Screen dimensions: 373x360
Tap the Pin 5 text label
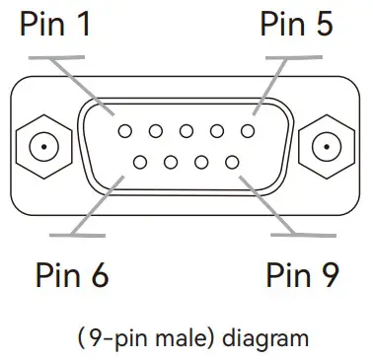coord(296,24)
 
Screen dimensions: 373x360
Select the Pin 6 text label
coord(71,274)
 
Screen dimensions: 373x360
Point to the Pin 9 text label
coord(303,274)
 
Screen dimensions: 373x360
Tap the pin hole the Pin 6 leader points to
coord(139,161)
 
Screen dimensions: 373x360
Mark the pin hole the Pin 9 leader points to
coord(234,161)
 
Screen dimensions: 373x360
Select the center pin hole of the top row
coord(186,130)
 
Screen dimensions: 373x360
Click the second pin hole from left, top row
coord(155,130)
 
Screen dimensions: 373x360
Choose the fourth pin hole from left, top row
coord(218,130)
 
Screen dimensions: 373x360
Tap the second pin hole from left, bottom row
coord(171,161)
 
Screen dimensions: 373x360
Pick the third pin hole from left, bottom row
coord(202,161)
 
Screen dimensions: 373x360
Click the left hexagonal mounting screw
coord(41,147)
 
